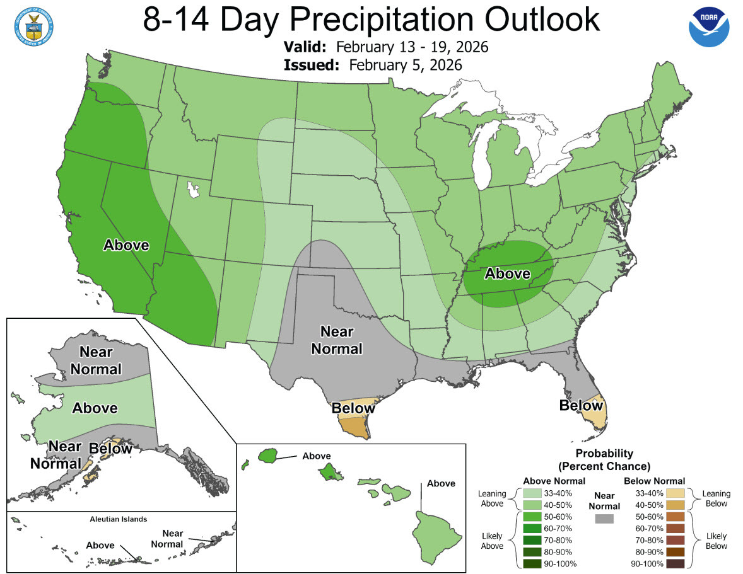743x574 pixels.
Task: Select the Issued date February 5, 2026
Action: (406, 65)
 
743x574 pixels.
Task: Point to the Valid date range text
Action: (412, 48)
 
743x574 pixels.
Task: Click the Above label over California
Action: (126, 245)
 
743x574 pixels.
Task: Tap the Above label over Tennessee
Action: (507, 273)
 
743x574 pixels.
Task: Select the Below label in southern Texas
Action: (353, 408)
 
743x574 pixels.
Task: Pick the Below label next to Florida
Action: (581, 405)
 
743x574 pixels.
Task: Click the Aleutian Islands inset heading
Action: (118, 519)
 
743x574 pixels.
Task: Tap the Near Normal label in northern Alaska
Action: (95, 360)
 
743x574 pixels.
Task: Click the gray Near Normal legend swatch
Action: (604, 519)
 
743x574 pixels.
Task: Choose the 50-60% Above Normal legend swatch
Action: (532, 515)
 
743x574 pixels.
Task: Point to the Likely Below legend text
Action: (717, 541)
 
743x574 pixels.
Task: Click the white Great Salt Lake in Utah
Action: (192, 188)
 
